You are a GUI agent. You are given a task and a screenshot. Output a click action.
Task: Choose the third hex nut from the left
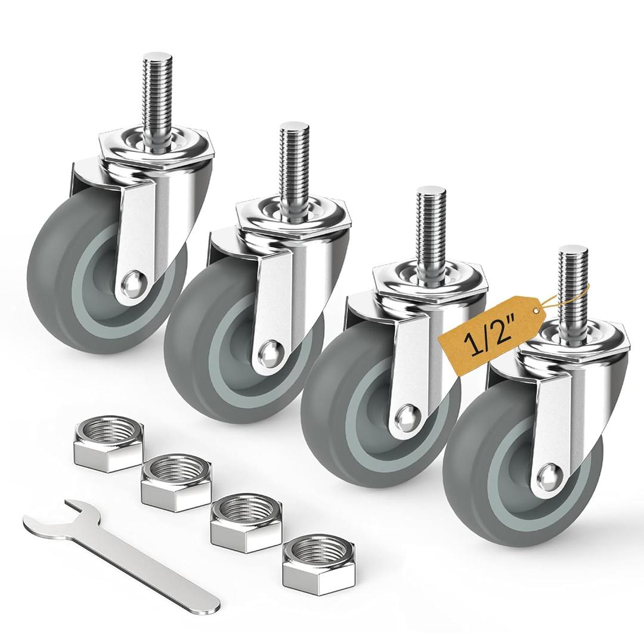tap(246, 522)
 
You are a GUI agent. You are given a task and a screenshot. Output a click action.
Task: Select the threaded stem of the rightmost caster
tap(573, 280)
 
